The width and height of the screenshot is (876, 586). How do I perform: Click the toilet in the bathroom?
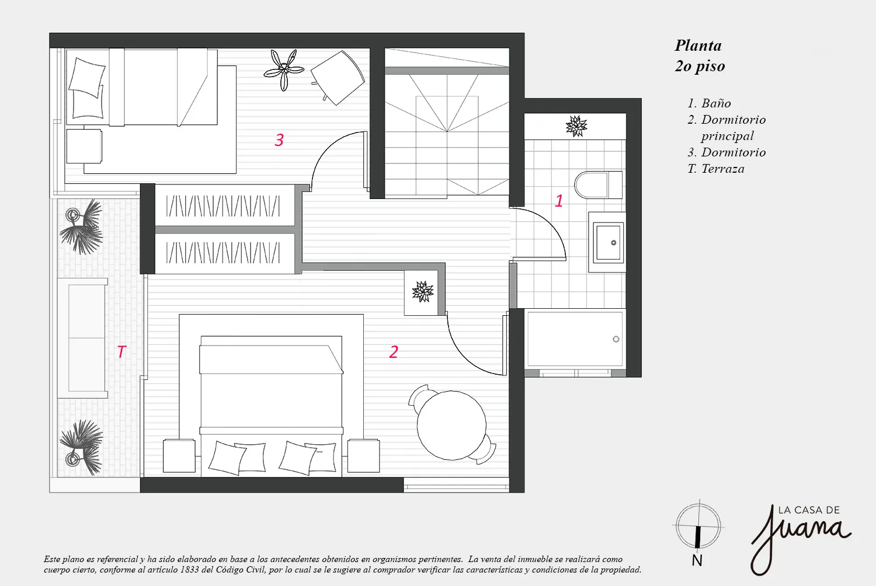pyautogui.click(x=598, y=185)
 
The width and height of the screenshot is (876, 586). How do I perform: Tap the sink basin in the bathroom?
pyautogui.click(x=608, y=242)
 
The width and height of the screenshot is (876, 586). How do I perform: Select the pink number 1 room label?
pyautogui.click(x=559, y=201)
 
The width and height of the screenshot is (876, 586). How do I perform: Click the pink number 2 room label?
pyautogui.click(x=394, y=352)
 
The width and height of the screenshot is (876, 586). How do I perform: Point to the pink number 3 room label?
pyautogui.click(x=279, y=140)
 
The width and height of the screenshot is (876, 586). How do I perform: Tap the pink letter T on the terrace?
pyautogui.click(x=121, y=352)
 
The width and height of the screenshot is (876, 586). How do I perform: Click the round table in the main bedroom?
pyautogui.click(x=451, y=425)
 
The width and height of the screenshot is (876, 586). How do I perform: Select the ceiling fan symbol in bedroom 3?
pyautogui.click(x=284, y=71)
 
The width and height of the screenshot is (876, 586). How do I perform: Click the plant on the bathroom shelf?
pyautogui.click(x=576, y=126)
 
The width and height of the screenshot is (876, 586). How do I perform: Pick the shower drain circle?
pyautogui.click(x=616, y=339)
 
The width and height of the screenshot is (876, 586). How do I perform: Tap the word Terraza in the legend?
pyautogui.click(x=723, y=169)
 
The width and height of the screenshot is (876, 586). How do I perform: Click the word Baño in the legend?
pyautogui.click(x=716, y=103)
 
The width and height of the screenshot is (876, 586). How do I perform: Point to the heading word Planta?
pyautogui.click(x=698, y=46)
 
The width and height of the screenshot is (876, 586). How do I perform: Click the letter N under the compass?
pyautogui.click(x=697, y=560)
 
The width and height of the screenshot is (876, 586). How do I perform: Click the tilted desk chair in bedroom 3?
pyautogui.click(x=338, y=78)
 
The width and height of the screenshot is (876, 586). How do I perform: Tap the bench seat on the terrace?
pyautogui.click(x=82, y=338)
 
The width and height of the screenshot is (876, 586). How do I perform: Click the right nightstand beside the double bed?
pyautogui.click(x=363, y=455)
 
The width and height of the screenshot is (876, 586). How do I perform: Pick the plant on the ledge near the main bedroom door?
pyautogui.click(x=423, y=292)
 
